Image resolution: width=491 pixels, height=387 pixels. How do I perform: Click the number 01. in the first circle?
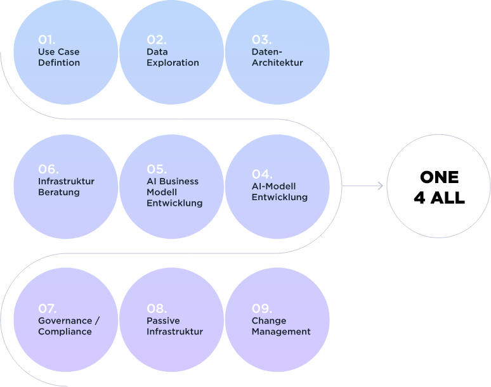(x=47, y=40)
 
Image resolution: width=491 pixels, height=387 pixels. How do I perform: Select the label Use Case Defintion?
(x=59, y=58)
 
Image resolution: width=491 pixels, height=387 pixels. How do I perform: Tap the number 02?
(x=156, y=40)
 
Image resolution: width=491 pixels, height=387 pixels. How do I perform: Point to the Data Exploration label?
(x=173, y=58)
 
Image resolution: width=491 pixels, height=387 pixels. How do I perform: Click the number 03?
(x=261, y=40)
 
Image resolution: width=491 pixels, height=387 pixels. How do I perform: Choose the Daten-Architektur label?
(x=277, y=58)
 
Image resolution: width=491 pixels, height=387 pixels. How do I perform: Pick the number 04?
(x=262, y=174)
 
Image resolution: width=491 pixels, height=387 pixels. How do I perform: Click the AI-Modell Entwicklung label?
(x=279, y=192)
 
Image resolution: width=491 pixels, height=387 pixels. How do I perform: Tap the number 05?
(x=156, y=169)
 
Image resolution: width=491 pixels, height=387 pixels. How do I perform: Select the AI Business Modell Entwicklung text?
(x=174, y=193)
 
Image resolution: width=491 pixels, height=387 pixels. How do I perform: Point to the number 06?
(x=48, y=169)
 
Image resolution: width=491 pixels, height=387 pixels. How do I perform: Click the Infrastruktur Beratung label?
(x=66, y=187)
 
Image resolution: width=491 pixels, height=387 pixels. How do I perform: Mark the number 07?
(x=48, y=308)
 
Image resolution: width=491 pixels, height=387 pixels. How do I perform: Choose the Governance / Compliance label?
(x=69, y=326)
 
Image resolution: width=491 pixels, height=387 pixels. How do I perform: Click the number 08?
(x=156, y=308)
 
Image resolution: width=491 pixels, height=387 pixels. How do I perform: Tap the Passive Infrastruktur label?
(x=174, y=326)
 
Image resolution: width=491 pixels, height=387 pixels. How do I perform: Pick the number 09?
(x=261, y=308)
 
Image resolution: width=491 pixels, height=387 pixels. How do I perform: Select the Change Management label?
(x=281, y=326)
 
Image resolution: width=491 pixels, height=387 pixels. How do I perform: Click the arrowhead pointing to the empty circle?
(x=381, y=186)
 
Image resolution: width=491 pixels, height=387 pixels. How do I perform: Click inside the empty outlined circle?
(x=438, y=186)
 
